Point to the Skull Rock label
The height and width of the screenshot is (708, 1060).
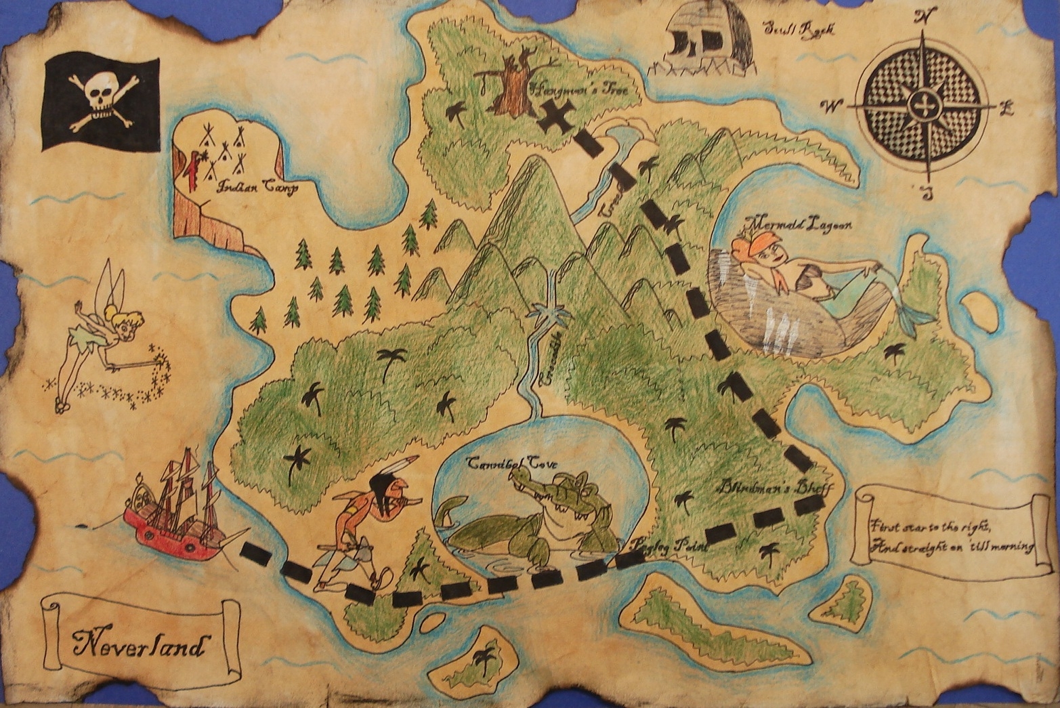pyautogui.click(x=800, y=29)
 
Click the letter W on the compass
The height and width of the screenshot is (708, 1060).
pyautogui.click(x=829, y=106)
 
